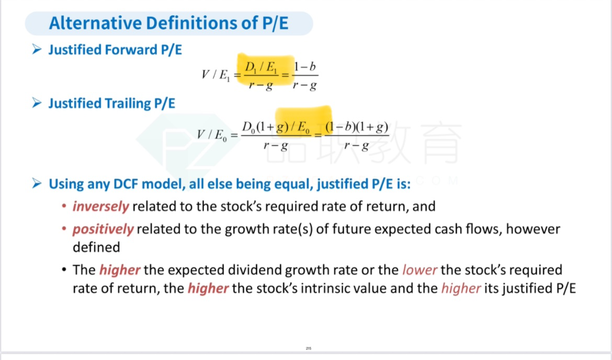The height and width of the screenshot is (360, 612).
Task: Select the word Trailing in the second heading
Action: pyautogui.click(x=127, y=104)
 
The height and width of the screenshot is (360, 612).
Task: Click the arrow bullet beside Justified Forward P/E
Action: pyautogui.click(x=37, y=49)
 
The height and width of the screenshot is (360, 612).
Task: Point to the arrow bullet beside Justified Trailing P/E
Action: pyautogui.click(x=37, y=103)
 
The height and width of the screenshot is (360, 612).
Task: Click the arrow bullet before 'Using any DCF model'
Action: pyautogui.click(x=37, y=183)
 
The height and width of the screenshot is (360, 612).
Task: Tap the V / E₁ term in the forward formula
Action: pyautogui.click(x=216, y=75)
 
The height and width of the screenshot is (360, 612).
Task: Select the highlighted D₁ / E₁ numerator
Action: pyautogui.click(x=260, y=67)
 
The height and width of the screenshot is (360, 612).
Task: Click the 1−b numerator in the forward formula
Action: pyautogui.click(x=305, y=67)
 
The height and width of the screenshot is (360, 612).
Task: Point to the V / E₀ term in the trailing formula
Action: pyautogui.click(x=211, y=135)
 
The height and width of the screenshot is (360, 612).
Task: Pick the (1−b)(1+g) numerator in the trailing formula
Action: pyautogui.click(x=357, y=127)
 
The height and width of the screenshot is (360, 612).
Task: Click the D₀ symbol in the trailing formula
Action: pyautogui.click(x=248, y=128)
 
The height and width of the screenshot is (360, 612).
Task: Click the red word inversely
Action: pyautogui.click(x=101, y=206)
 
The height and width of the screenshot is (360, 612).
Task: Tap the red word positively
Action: pyautogui.click(x=103, y=229)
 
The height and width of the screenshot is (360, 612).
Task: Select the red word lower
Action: pyautogui.click(x=420, y=270)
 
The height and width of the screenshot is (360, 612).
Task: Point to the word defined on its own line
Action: pyautogui.click(x=96, y=247)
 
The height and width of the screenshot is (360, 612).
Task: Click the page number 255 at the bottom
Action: pyautogui.click(x=308, y=348)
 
